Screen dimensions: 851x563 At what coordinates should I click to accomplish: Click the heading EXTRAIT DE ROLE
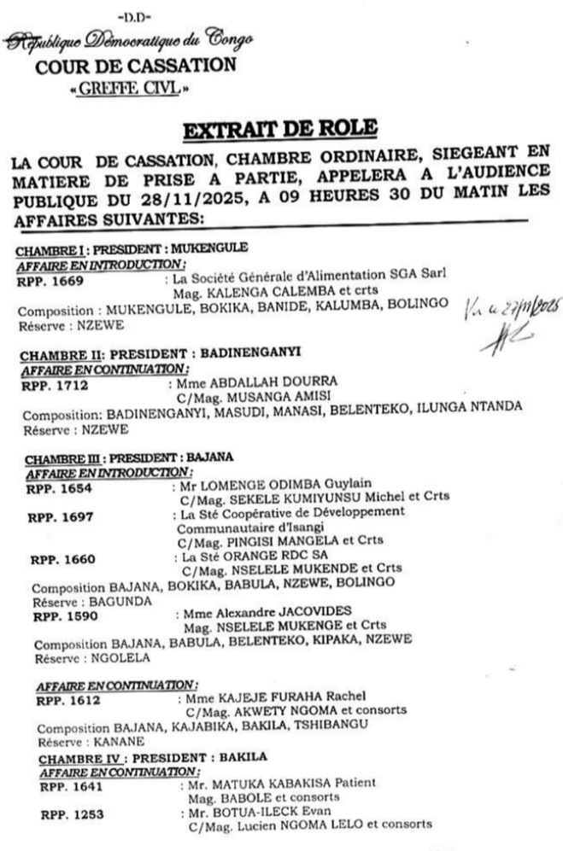(281, 131)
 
